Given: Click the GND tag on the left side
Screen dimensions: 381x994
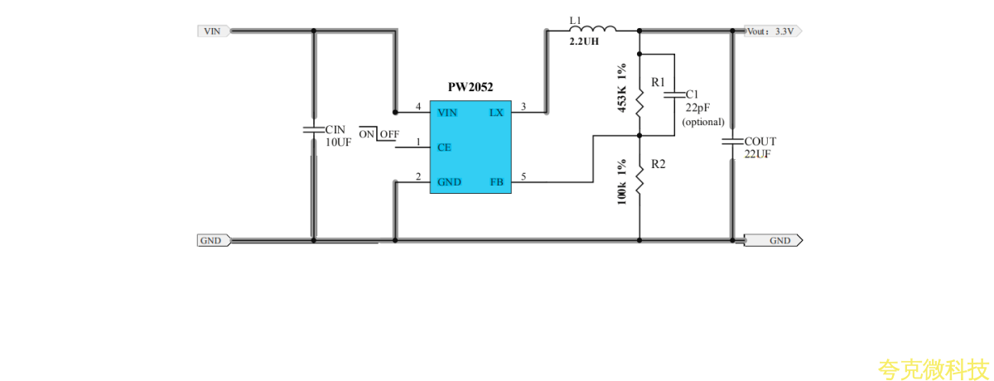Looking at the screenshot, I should click(x=211, y=241).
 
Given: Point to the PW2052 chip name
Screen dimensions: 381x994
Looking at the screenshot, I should click(x=470, y=87).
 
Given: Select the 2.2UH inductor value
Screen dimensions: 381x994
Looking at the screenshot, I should click(x=584, y=41).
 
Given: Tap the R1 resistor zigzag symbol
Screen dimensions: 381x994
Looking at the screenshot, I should click(x=639, y=104).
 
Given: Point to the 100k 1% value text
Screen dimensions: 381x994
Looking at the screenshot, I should click(x=621, y=182).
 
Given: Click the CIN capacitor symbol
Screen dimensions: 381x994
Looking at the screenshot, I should click(x=313, y=130).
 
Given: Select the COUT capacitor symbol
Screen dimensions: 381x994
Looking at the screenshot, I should click(x=732, y=142).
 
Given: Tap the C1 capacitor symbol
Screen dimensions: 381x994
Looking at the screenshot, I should click(x=675, y=95).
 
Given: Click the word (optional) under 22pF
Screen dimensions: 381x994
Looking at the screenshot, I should click(x=703, y=122).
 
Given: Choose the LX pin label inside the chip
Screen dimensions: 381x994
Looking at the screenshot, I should click(x=496, y=112).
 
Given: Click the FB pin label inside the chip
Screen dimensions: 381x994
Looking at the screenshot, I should click(x=496, y=181).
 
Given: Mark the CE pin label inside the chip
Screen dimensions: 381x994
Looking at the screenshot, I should click(x=444, y=147).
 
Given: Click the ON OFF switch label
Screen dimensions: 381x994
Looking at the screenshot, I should click(x=379, y=134).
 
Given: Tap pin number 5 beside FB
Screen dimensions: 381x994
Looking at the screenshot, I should click(x=523, y=176).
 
